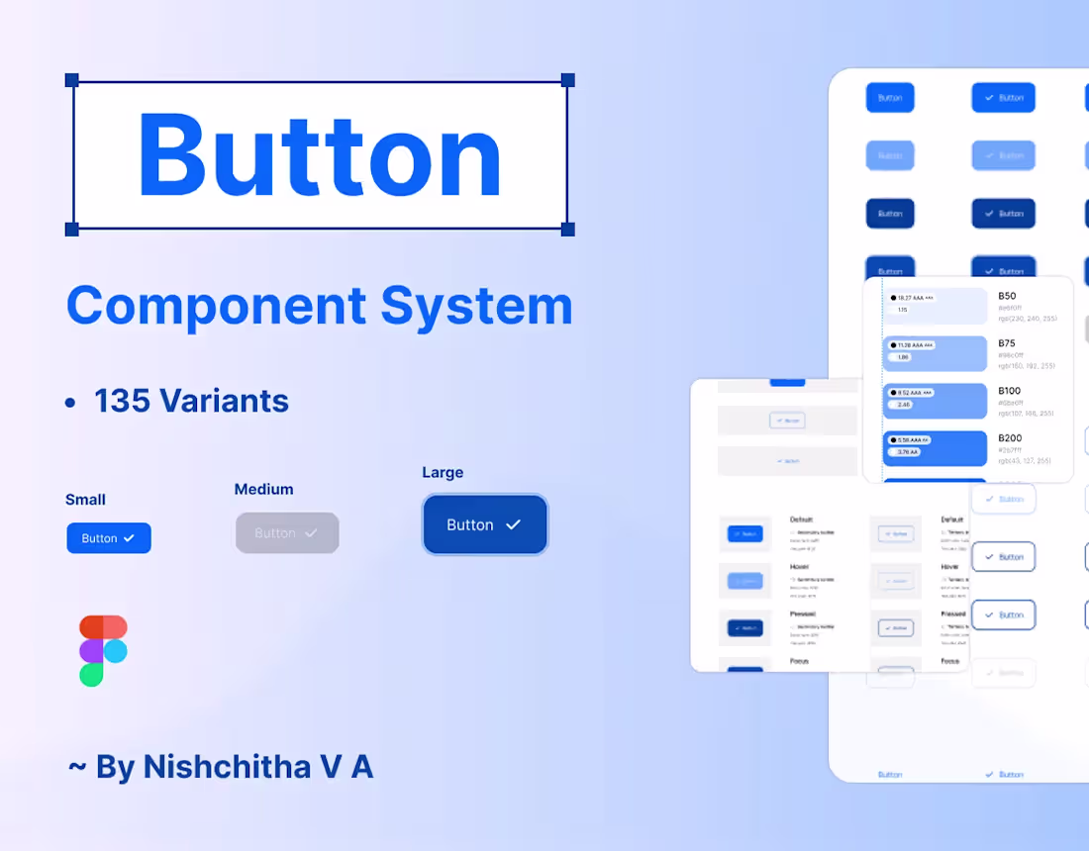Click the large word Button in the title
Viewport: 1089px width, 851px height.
point(320,156)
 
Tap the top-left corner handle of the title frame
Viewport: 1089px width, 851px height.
point(72,80)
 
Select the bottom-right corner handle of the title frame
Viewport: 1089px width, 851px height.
point(567,229)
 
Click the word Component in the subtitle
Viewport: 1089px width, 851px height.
point(215,306)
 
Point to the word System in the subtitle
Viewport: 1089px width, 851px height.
point(477,306)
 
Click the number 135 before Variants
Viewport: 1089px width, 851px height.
point(122,401)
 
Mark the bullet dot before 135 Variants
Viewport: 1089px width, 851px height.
point(70,402)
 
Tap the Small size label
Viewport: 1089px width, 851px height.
point(85,500)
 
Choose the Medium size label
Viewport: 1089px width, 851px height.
point(263,489)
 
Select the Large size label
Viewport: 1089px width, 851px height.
point(443,473)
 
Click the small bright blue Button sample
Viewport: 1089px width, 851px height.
point(109,538)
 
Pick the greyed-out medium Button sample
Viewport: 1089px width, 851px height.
point(287,532)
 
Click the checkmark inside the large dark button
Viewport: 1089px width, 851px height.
point(513,524)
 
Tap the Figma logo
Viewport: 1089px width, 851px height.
point(103,650)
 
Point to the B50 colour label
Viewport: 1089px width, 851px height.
point(1007,296)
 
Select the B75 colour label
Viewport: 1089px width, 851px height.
point(1007,343)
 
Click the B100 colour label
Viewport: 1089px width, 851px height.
point(1009,391)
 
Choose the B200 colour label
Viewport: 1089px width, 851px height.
point(1010,438)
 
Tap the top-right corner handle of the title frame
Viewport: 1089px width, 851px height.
point(567,80)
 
